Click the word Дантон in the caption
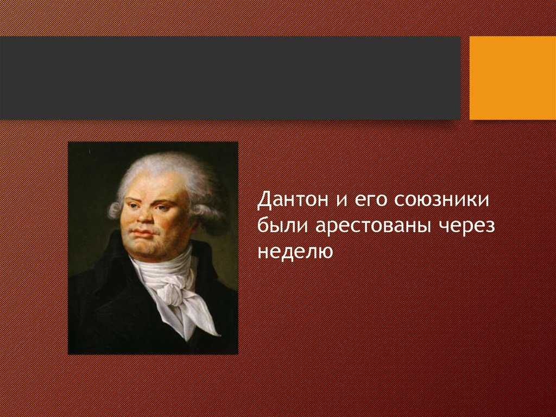(293, 200)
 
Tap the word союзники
(441, 200)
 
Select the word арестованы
(373, 226)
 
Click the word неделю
(295, 252)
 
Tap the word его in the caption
(370, 200)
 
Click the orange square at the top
(513, 78)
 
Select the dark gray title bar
(230, 78)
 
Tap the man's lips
(143, 233)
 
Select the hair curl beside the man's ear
(114, 210)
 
